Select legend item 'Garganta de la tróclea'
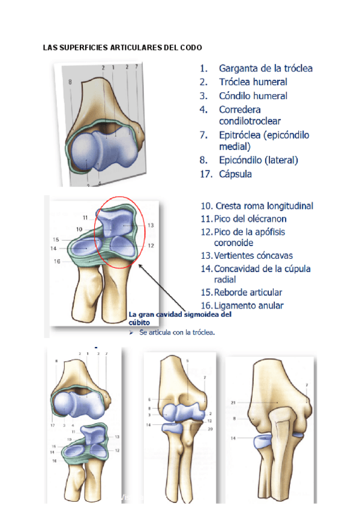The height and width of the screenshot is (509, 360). tap(265, 68)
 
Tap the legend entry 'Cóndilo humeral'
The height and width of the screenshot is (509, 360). tap(253, 96)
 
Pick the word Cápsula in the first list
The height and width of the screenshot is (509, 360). tap(235, 174)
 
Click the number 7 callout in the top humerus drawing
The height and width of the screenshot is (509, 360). tap(137, 67)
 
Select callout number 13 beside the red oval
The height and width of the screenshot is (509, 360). tap(151, 225)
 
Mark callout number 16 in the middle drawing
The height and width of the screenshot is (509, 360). tap(56, 261)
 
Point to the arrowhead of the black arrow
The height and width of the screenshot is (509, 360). tap(140, 266)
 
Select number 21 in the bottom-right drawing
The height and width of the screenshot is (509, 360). tap(232, 402)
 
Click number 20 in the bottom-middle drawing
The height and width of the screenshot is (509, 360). tap(210, 430)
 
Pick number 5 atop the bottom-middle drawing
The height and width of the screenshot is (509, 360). tap(188, 360)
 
